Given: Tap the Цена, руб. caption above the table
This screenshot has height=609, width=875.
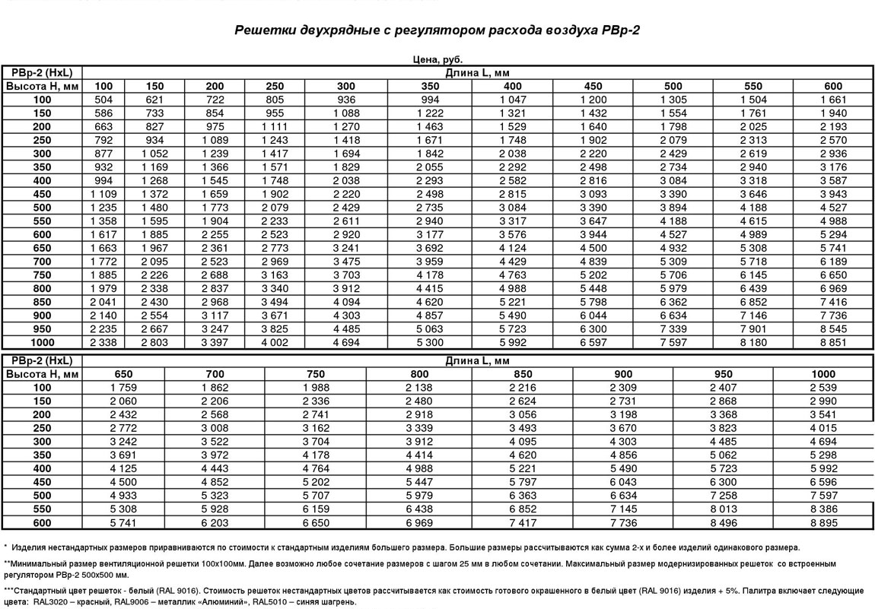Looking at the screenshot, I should tap(437, 59).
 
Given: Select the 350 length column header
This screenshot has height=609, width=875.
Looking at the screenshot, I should tap(430, 86).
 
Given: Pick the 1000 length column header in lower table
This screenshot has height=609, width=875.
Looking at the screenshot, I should tap(823, 374).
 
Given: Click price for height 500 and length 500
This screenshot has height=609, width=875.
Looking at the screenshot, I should tap(673, 208).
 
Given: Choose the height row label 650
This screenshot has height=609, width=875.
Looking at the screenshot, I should tap(42, 248).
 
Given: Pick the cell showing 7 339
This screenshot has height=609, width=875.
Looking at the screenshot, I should tap(673, 329).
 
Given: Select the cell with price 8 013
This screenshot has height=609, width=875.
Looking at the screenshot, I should tap(723, 509).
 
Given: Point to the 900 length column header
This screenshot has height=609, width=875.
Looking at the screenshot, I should tap(623, 374).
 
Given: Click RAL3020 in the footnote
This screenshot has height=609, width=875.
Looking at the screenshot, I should tap(50, 601).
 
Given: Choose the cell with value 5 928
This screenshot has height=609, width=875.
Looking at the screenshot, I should tap(215, 509).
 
